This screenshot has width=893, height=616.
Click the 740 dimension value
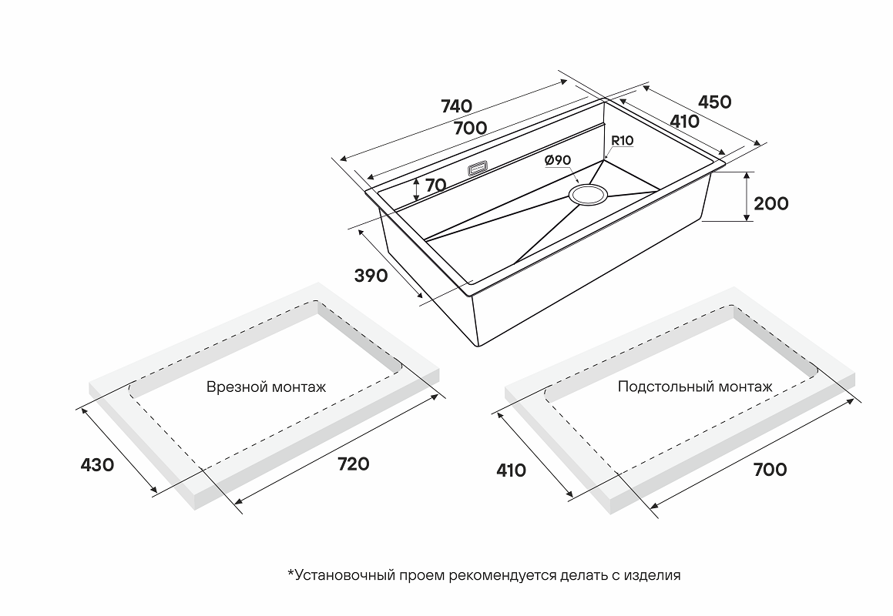(456, 106)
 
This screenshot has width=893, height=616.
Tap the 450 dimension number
(714, 102)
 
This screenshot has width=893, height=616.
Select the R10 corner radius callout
(622, 141)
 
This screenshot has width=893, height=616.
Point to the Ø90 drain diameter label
(557, 159)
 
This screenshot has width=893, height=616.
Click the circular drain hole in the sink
(589, 194)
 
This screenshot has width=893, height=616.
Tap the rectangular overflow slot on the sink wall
(478, 167)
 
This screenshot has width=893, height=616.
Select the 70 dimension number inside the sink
(435, 185)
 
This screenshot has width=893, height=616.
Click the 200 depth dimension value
(771, 203)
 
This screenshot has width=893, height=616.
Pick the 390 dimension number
(371, 275)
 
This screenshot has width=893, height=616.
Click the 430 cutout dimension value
(97, 465)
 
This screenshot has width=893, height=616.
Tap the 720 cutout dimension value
(353, 464)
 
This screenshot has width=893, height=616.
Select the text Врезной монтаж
(266, 387)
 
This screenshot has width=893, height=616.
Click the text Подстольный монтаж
(694, 387)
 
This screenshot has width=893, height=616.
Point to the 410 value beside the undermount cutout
(511, 470)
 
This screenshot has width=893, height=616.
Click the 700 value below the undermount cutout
(770, 469)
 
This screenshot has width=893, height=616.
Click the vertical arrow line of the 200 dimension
(747, 197)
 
